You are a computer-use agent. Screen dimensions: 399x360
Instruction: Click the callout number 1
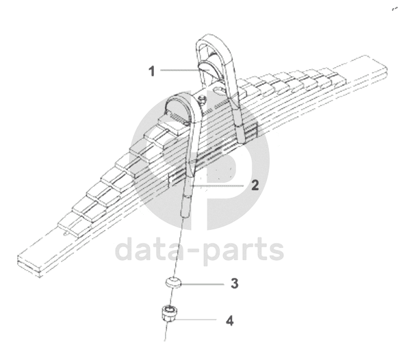pyautogui.click(x=152, y=71)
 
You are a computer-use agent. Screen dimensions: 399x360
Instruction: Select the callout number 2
pyautogui.click(x=255, y=185)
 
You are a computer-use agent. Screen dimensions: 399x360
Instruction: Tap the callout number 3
pyautogui.click(x=235, y=283)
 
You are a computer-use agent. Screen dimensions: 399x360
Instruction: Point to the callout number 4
pyautogui.click(x=230, y=320)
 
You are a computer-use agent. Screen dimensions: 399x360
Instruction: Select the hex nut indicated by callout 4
pyautogui.click(x=169, y=314)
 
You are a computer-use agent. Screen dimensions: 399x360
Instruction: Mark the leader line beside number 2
pyautogui.click(x=218, y=186)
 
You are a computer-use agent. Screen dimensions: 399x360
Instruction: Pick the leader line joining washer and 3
pyautogui.click(x=203, y=284)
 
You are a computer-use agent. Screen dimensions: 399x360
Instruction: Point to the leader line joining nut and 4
pyautogui.click(x=196, y=320)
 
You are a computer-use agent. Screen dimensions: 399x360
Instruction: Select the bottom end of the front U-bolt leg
pyautogui.click(x=185, y=216)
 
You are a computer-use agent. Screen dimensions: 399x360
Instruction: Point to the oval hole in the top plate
pyautogui.click(x=218, y=89)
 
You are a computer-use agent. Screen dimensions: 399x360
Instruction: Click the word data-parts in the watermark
pyautogui.click(x=200, y=248)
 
